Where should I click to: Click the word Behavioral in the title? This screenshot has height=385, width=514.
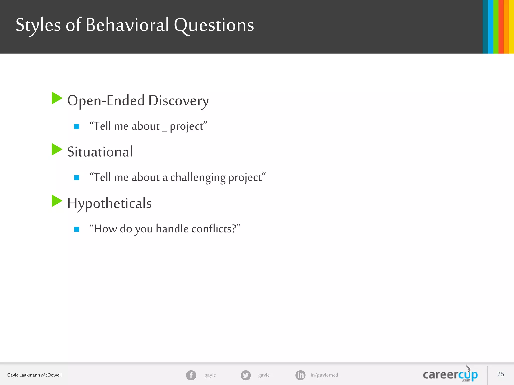127,25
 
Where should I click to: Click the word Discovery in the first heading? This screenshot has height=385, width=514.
178,101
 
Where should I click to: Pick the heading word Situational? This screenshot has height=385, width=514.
100,152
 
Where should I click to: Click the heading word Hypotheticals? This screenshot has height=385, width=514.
109,203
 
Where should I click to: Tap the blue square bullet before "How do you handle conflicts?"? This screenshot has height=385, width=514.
77,229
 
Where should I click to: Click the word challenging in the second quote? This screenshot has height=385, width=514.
198,177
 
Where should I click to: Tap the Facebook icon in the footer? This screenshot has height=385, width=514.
191,375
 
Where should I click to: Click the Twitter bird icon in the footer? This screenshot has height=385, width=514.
246,375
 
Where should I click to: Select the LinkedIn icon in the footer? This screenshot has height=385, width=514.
300,375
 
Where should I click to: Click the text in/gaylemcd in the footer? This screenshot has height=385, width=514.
324,375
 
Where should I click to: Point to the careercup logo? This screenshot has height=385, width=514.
450,375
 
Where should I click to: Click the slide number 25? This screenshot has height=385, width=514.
501,374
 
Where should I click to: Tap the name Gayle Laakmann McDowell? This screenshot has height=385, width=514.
34,375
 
